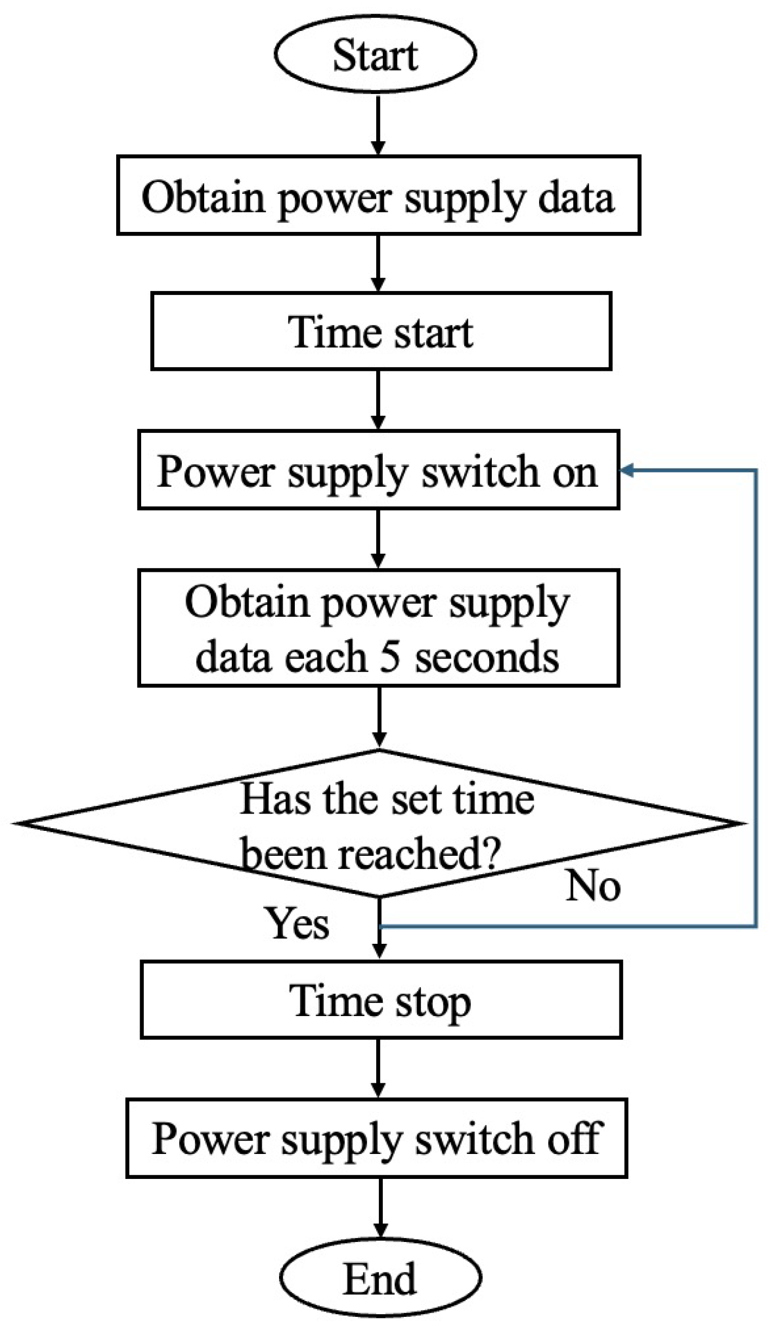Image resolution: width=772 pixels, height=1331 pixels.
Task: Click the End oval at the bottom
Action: pyautogui.click(x=380, y=1279)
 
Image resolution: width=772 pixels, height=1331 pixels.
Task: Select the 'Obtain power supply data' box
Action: pyautogui.click(x=378, y=195)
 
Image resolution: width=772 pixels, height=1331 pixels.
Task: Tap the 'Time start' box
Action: pyautogui.click(x=381, y=331)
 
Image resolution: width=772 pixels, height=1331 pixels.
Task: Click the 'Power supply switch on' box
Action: pyautogui.click(x=378, y=470)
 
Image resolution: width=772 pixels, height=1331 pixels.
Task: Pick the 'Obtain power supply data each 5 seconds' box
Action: pyautogui.click(x=378, y=628)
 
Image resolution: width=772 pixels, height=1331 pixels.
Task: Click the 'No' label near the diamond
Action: pyautogui.click(x=593, y=886)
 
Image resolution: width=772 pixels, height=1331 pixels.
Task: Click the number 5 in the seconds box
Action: pyautogui.click(x=390, y=657)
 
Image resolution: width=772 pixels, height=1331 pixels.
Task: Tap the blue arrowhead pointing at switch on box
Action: pyautogui.click(x=627, y=470)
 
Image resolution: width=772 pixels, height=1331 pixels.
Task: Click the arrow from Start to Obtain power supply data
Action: pyautogui.click(x=378, y=125)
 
